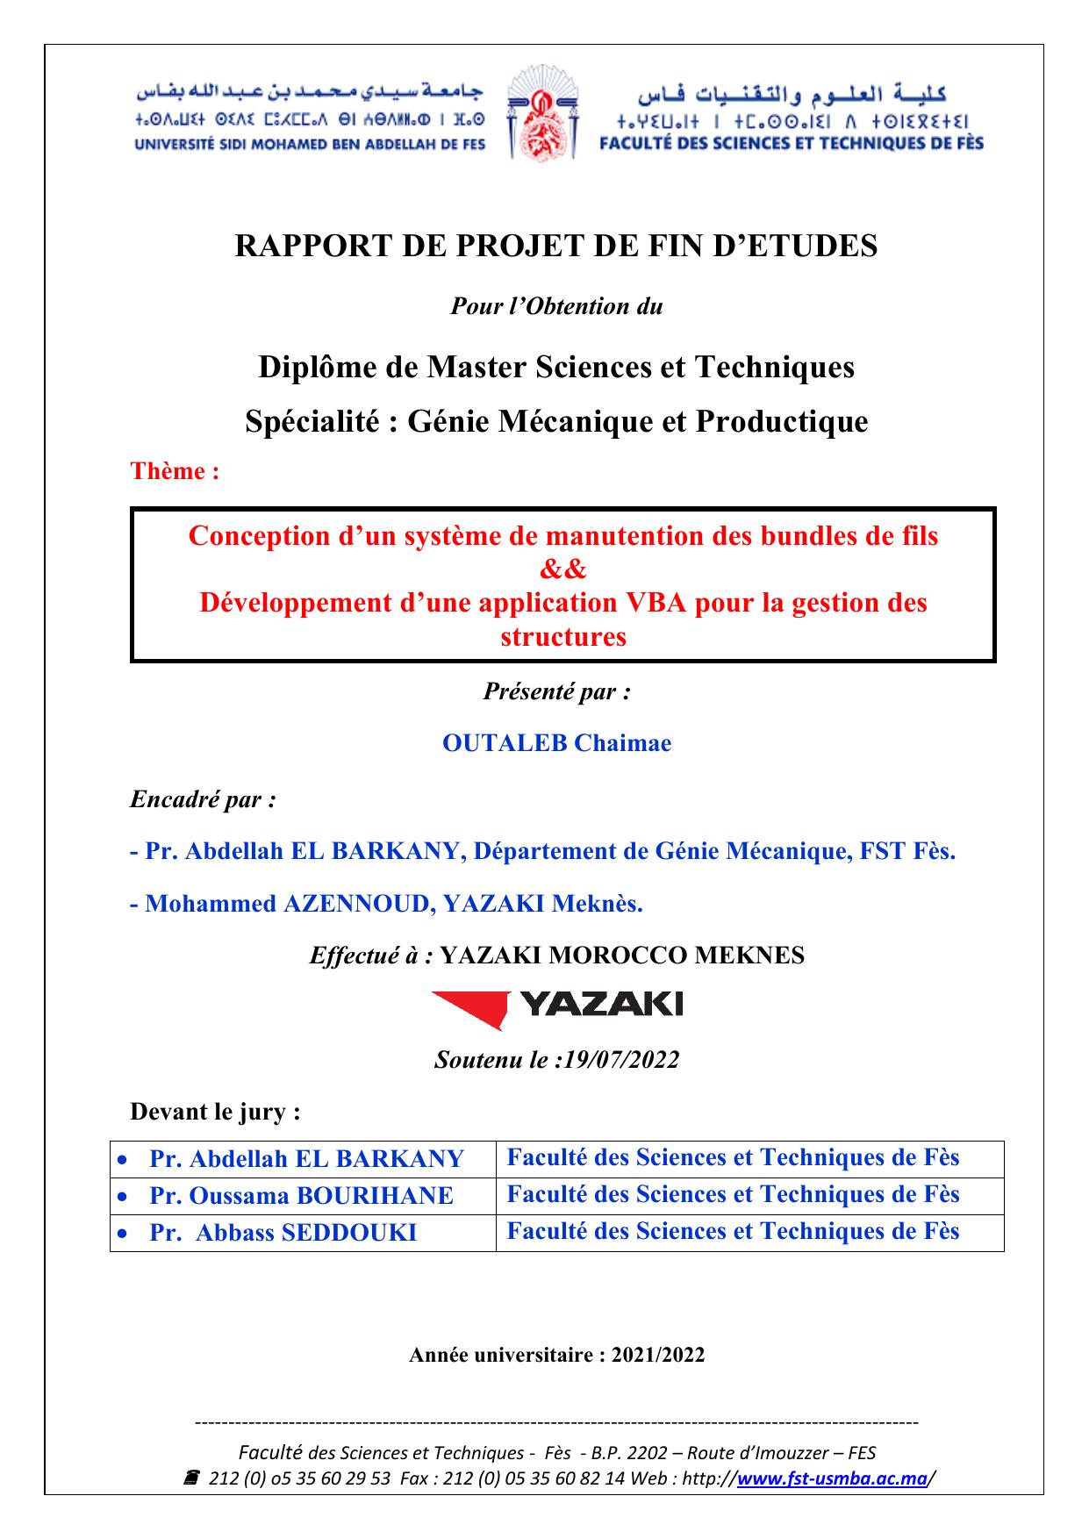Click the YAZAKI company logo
tap(557, 1006)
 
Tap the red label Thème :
tap(175, 471)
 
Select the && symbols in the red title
tap(562, 569)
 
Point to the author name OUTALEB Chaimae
tap(556, 743)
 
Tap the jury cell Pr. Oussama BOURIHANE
tap(301, 1196)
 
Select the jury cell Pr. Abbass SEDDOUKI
tap(283, 1233)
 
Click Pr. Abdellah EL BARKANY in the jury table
tap(306, 1159)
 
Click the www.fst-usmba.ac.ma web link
tap(832, 1478)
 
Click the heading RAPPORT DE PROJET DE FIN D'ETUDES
tap(555, 246)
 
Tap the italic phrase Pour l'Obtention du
tap(556, 306)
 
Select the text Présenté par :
tap(556, 691)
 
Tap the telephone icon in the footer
tap(190, 1478)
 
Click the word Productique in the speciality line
tap(782, 422)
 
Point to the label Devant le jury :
tap(216, 1113)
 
